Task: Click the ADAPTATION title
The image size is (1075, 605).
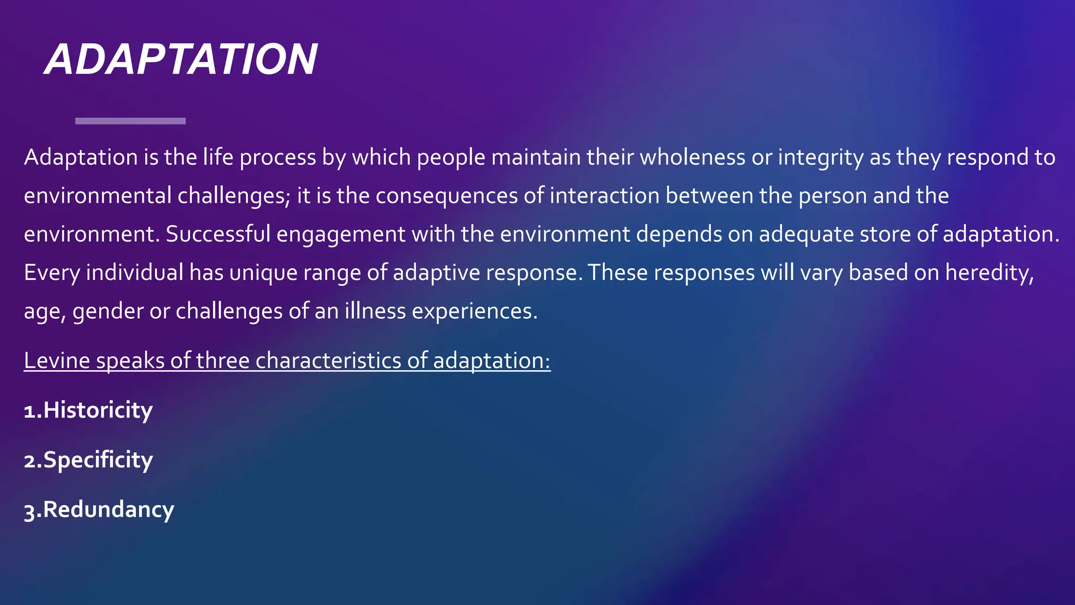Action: tap(181, 59)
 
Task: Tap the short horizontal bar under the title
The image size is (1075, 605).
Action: tap(130, 121)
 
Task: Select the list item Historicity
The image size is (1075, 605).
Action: tap(88, 410)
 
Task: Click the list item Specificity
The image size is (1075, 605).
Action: tap(88, 460)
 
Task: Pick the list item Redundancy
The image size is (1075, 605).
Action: tap(99, 510)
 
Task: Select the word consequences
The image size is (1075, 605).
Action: tap(446, 196)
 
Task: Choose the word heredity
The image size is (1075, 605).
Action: tap(989, 273)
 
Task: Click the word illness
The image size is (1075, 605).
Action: tap(375, 311)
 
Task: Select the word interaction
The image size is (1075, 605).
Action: tap(604, 196)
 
